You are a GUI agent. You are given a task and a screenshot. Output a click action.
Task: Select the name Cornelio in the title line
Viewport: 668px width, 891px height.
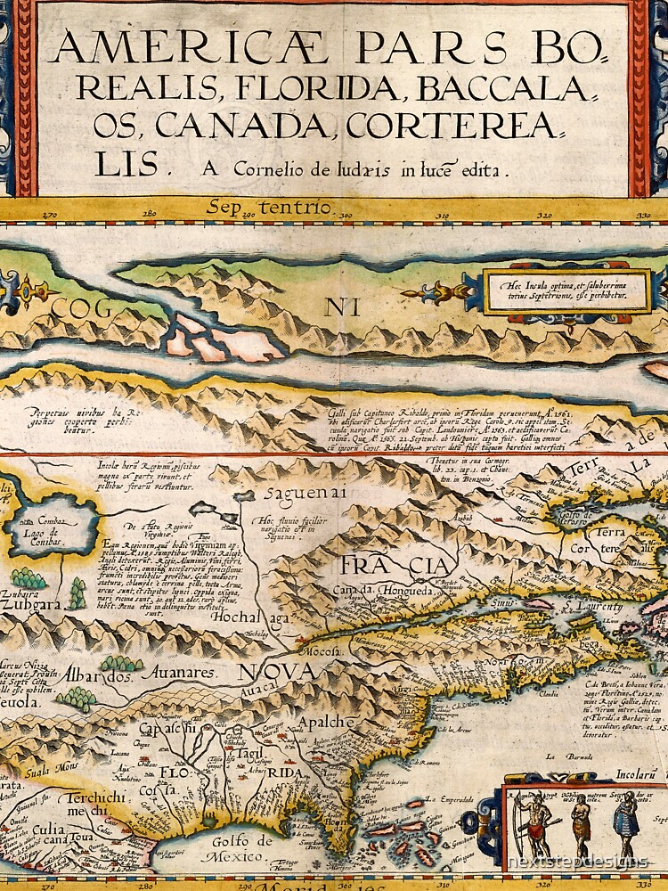[270, 167]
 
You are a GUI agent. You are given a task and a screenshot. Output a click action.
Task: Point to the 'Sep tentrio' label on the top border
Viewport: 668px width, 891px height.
[269, 208]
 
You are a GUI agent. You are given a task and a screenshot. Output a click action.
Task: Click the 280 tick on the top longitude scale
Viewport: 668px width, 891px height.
[150, 214]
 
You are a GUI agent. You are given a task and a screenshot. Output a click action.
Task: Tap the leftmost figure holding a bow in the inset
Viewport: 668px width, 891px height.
[534, 823]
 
